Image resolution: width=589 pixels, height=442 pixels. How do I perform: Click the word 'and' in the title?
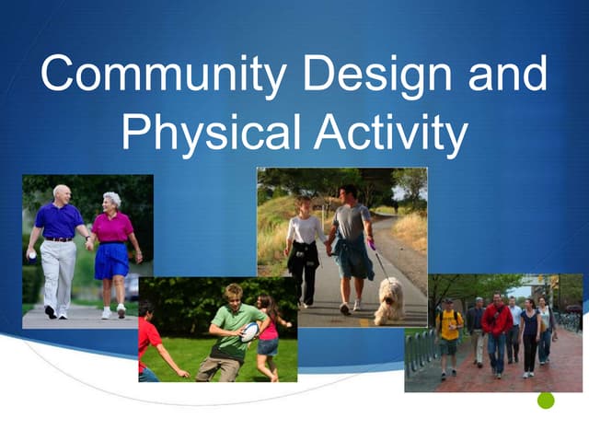tap(507, 74)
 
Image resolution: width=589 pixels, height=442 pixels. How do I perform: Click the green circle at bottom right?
tap(546, 401)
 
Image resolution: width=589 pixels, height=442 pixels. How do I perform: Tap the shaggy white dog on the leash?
tap(388, 299)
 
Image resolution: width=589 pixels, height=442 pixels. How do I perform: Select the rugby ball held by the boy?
tap(249, 332)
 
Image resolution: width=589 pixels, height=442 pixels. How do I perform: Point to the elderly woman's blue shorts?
tap(110, 262)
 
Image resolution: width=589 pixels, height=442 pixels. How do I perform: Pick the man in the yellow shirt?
tap(449, 336)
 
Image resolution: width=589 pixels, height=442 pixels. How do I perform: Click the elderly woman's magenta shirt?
tap(111, 227)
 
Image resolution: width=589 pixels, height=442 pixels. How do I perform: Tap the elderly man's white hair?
tap(62, 191)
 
